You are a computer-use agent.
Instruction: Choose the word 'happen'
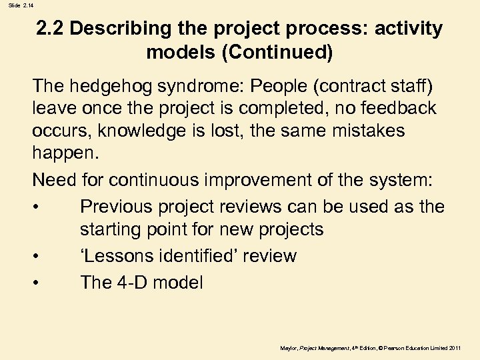point(63,155)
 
